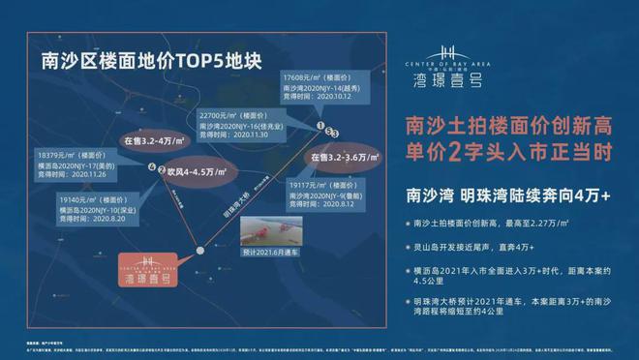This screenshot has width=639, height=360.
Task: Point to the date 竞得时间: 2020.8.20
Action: (79, 221)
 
